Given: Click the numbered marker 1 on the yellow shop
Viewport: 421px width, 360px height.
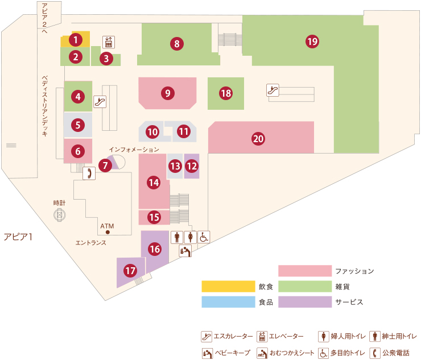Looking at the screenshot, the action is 76,40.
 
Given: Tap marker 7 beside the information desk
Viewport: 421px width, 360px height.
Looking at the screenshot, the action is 105,165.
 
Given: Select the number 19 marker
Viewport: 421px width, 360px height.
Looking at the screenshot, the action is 312,42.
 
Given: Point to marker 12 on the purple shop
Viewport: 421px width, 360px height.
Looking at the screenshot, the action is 192,166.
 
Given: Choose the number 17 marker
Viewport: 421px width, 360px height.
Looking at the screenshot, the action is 130,270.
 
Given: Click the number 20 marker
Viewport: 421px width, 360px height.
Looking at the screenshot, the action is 258,139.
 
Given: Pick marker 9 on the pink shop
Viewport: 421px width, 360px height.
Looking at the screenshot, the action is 168,93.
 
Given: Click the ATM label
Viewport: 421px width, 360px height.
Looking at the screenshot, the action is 107,226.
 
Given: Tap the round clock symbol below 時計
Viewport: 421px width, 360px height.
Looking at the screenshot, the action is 60,215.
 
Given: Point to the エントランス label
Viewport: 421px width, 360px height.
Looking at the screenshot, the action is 91,243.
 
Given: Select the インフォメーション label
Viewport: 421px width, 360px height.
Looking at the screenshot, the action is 134,150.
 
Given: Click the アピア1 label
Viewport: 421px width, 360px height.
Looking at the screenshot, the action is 18,237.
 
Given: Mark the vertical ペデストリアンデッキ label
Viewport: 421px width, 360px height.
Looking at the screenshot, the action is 44,106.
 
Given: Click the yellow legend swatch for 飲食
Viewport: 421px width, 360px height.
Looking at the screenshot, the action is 228,286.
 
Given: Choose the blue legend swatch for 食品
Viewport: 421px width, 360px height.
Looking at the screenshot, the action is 228,302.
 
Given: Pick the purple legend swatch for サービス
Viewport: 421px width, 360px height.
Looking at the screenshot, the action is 305,302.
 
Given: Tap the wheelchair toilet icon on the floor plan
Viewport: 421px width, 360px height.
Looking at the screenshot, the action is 204,237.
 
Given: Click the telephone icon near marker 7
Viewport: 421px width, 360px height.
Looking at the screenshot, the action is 89,173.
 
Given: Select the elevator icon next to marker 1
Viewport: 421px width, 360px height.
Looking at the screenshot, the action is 109,42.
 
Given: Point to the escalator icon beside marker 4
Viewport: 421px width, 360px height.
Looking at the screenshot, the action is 100,102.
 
